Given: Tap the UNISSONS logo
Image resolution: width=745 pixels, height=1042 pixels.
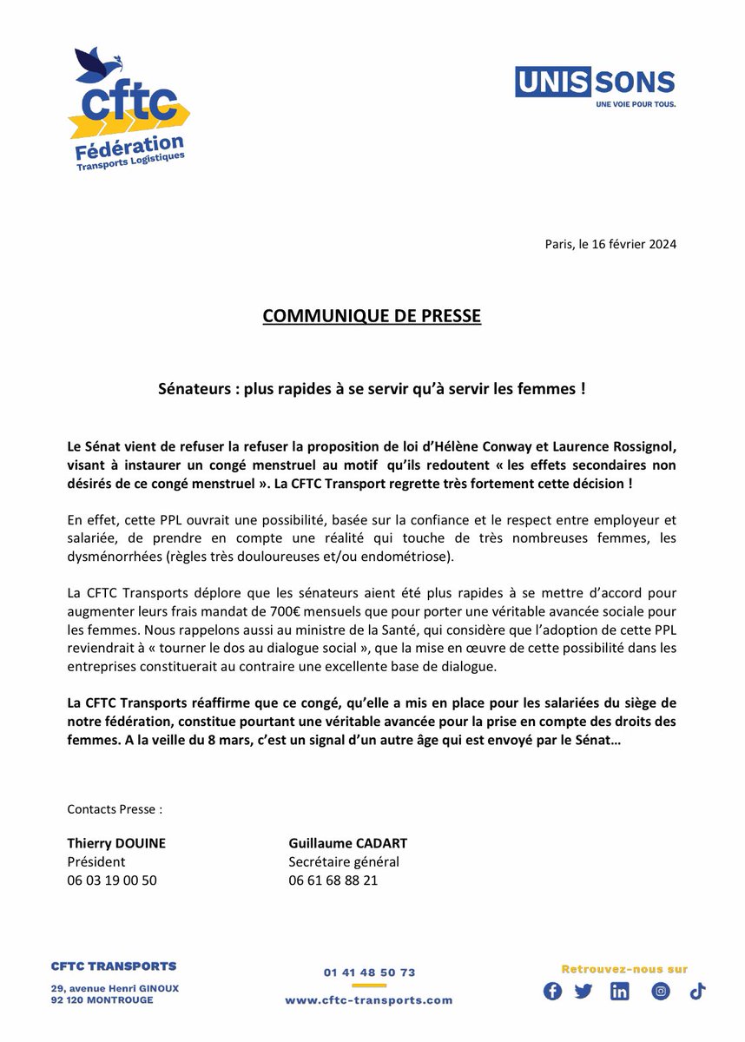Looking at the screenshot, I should point(595,88).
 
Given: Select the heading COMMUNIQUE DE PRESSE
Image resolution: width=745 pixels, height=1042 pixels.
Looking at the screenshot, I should point(372,317).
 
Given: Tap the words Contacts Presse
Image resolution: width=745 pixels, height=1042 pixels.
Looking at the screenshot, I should point(115,809).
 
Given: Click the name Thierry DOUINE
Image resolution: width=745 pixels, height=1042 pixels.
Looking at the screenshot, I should point(115,843).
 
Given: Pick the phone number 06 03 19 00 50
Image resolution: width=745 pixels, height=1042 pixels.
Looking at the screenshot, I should point(112,880).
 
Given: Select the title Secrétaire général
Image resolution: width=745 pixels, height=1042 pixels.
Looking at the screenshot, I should point(344,861).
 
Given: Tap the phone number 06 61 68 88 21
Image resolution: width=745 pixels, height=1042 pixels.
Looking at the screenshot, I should point(333,880).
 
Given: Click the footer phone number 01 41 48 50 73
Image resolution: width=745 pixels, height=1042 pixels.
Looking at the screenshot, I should point(369,973).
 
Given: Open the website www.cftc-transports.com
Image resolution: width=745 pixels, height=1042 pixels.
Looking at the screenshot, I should point(369,1000).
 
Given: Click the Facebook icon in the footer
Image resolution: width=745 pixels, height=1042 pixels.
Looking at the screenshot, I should point(552,992).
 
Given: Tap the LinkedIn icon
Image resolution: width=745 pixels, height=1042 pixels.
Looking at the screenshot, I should point(620,992).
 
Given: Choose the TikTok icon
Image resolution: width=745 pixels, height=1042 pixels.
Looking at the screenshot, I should point(697,992).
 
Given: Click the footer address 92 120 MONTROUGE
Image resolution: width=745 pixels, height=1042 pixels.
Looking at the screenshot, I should point(102,1000).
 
